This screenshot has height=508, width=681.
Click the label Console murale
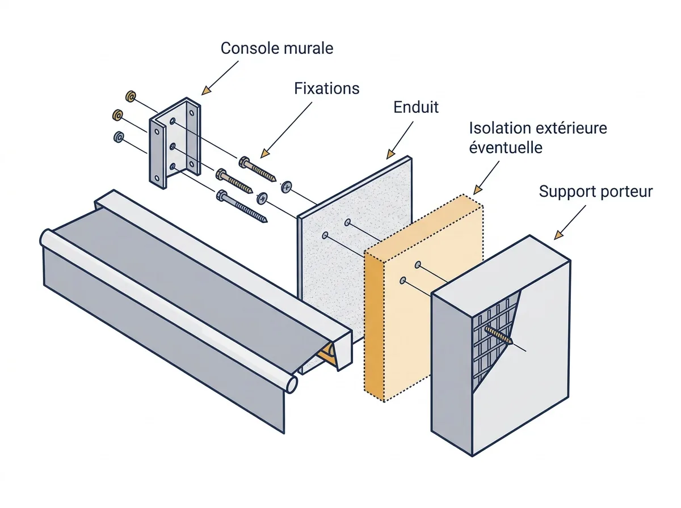click(x=277, y=48)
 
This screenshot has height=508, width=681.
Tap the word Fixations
click(x=327, y=88)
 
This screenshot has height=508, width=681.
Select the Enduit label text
click(x=416, y=107)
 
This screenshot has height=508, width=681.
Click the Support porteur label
click(x=596, y=192)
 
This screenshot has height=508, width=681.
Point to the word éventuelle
click(x=506, y=147)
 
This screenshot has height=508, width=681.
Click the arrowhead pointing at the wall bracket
click(x=205, y=90)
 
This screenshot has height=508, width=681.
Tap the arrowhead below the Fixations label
click(x=264, y=153)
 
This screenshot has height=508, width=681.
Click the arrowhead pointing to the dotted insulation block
click(x=478, y=189)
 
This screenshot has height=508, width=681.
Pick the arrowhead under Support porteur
click(x=559, y=235)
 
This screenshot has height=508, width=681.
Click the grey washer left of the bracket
click(x=119, y=137)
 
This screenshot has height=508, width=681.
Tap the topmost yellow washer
click(x=131, y=96)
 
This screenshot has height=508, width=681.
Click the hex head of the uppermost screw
click(x=244, y=162)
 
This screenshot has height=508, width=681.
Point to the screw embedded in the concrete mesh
click(x=499, y=335)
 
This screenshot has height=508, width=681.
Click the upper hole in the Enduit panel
click(x=347, y=222)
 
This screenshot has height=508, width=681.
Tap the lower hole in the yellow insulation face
click(x=403, y=281)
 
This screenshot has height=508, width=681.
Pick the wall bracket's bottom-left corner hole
click(x=157, y=178)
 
